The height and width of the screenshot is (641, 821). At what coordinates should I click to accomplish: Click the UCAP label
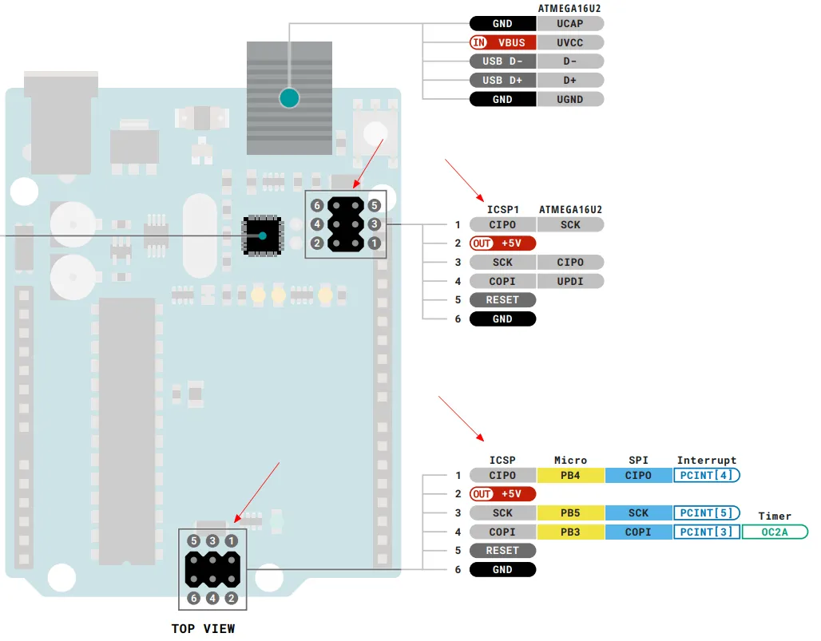(x=569, y=23)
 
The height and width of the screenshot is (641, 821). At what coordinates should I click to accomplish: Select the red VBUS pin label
(x=502, y=42)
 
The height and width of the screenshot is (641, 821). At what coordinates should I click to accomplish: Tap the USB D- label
(x=502, y=61)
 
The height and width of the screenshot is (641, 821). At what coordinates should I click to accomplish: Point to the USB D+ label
(x=502, y=80)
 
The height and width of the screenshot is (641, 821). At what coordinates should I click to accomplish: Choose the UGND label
(x=569, y=99)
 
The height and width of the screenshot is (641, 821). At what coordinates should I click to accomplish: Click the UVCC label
(x=569, y=42)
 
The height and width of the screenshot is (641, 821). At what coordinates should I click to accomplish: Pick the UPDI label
(x=569, y=281)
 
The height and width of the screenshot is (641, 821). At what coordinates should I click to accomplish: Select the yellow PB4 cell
(x=570, y=475)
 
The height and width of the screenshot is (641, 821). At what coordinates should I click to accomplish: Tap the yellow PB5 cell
(x=570, y=512)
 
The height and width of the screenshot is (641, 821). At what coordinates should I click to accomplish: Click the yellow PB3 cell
(x=570, y=532)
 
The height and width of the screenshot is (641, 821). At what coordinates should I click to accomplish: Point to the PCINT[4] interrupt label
(x=706, y=475)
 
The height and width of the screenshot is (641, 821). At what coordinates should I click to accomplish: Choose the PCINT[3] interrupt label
(x=706, y=532)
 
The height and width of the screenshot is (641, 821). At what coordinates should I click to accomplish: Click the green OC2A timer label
(x=775, y=532)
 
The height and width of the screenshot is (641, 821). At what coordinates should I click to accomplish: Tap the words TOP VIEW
(x=203, y=628)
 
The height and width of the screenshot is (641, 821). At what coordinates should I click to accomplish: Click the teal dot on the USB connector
(x=289, y=98)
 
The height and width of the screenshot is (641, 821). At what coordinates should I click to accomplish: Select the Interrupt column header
(x=706, y=460)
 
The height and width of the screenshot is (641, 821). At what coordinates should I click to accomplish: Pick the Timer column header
(x=775, y=516)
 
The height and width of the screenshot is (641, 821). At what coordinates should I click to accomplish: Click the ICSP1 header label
(x=502, y=209)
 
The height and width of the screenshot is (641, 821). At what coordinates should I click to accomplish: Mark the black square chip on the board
(x=262, y=236)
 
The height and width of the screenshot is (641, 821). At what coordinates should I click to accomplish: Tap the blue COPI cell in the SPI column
(x=638, y=532)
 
